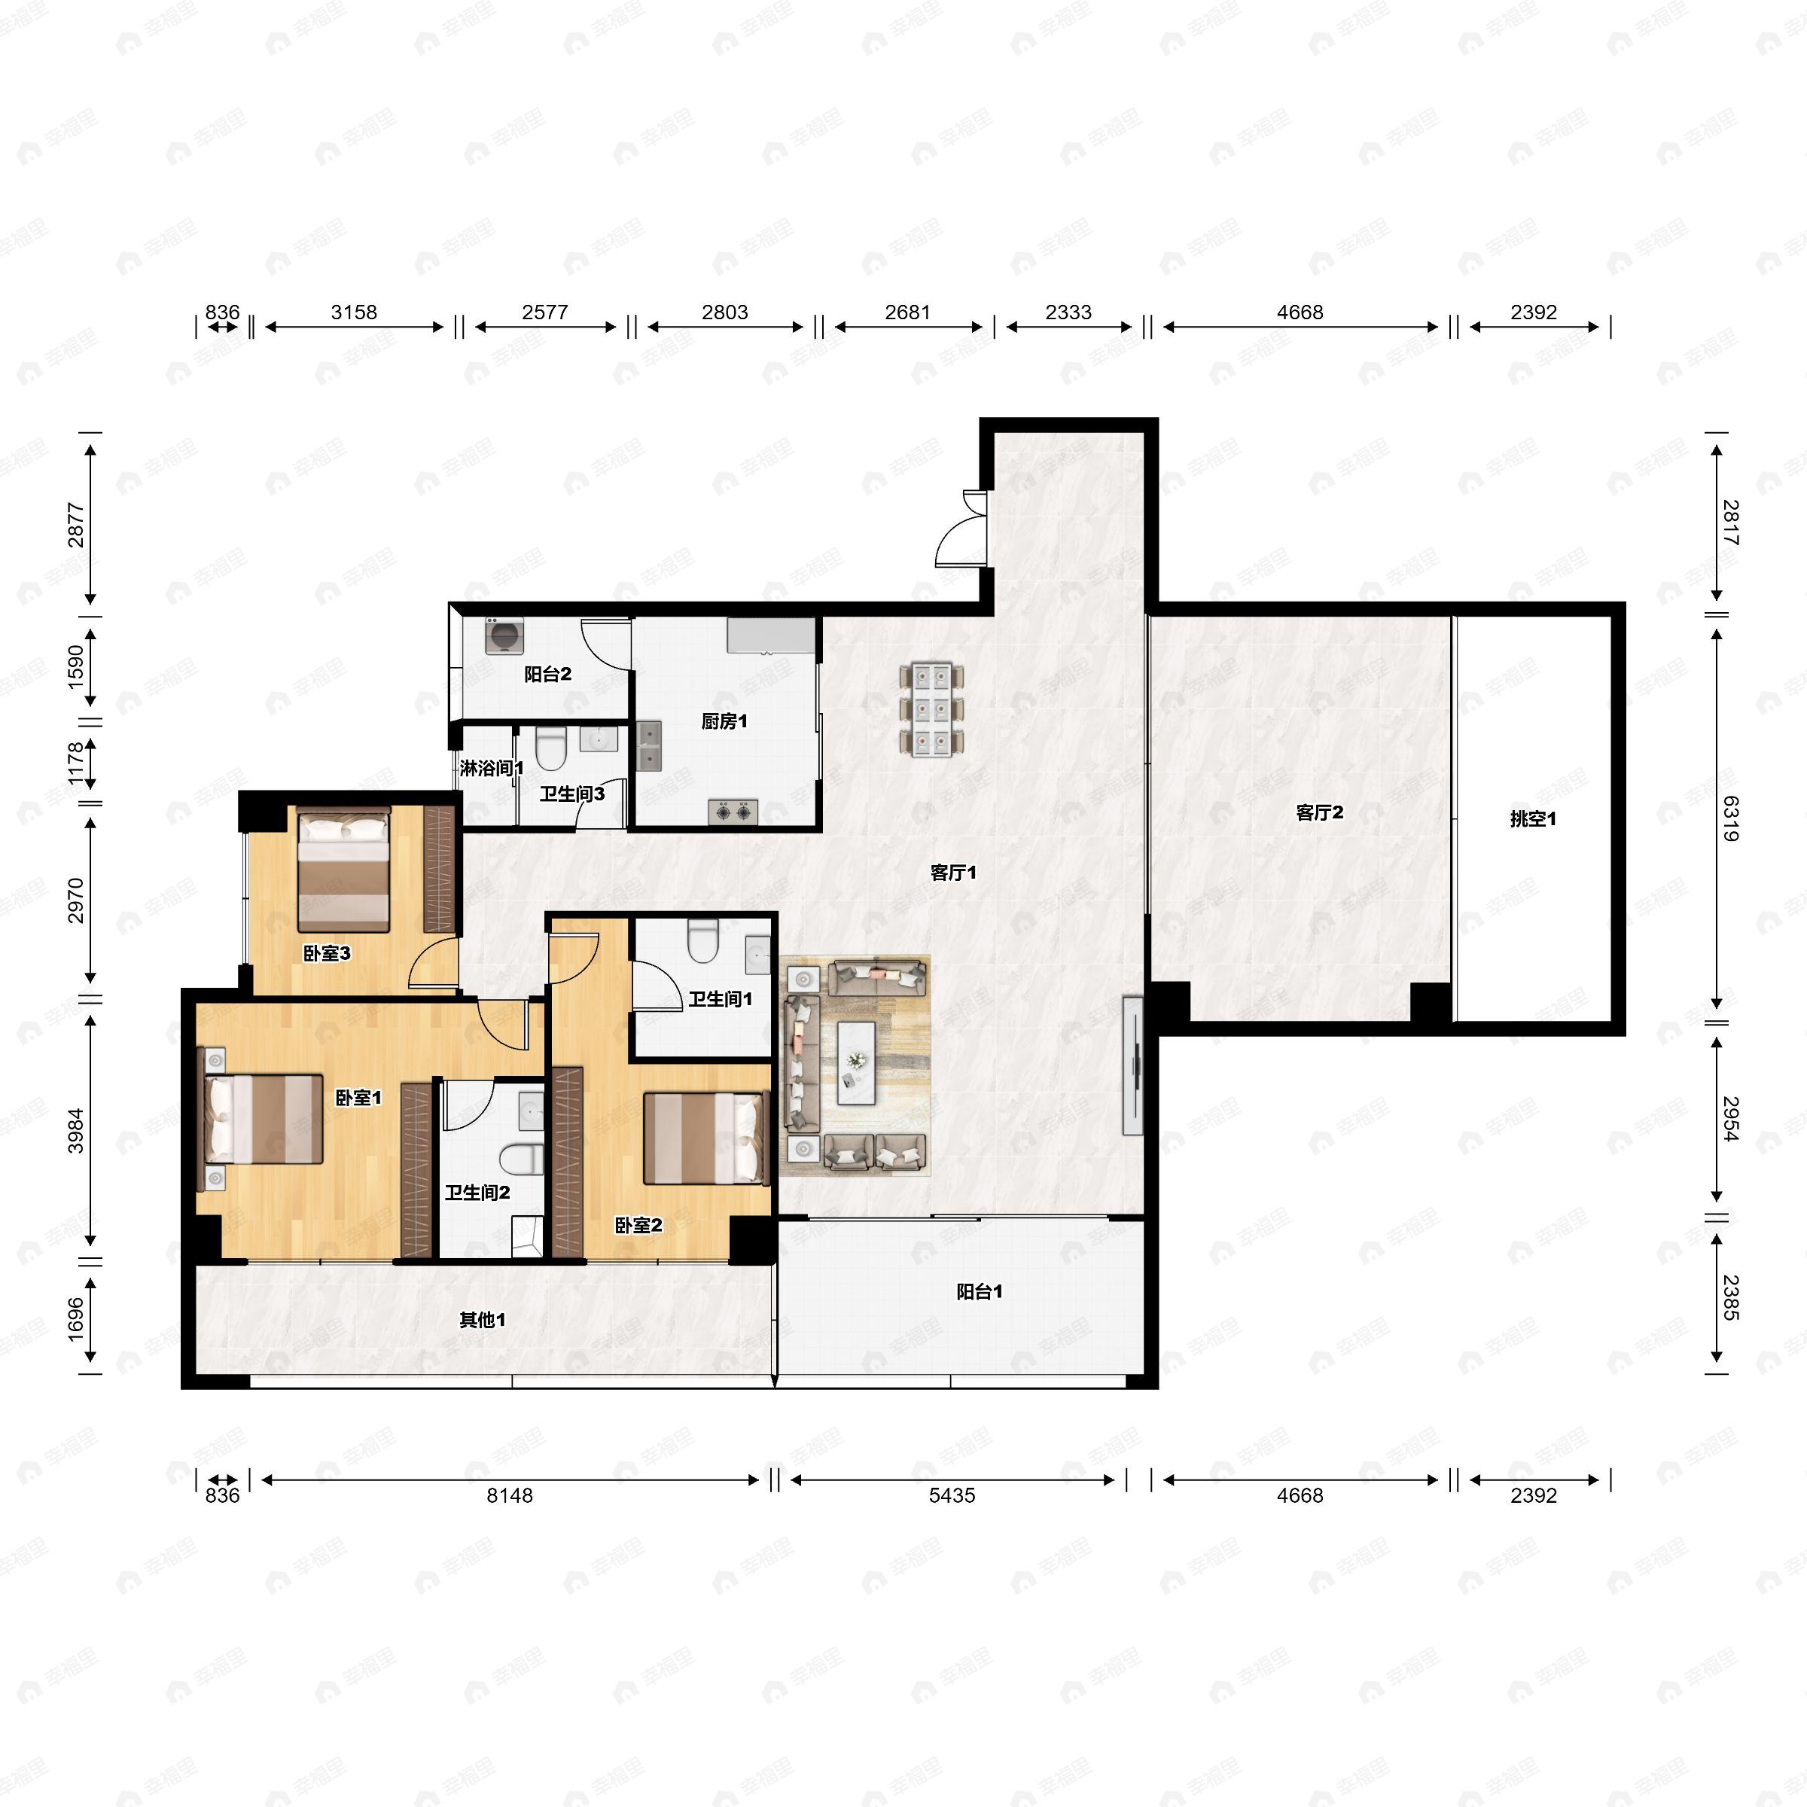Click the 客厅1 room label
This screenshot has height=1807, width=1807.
pos(953,873)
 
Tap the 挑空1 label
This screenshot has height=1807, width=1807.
pos(1533,819)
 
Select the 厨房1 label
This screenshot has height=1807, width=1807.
pos(724,721)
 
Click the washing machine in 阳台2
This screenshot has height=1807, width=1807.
pos(505,636)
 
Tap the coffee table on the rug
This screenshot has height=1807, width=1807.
pos(856,1063)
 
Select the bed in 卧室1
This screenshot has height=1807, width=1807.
pos(264,1119)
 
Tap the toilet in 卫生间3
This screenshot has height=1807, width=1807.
pos(552,748)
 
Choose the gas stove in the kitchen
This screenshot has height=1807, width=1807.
pos(733,811)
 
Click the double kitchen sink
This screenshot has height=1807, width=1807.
pos(648,745)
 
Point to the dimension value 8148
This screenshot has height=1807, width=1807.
pos(510,1495)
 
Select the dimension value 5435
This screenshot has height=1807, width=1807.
pos(952,1495)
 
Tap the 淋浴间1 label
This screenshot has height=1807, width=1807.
pos(491,768)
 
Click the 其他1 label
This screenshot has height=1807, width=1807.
pos(483,1320)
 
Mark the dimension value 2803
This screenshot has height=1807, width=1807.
pos(725,312)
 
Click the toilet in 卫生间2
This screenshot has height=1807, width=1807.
pos(522,1159)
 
